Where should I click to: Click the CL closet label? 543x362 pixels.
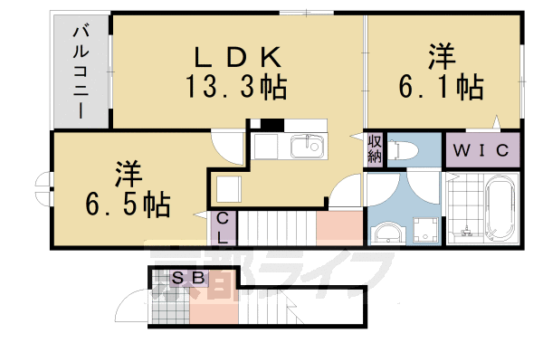[222, 227]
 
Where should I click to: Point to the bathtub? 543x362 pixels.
[499, 208]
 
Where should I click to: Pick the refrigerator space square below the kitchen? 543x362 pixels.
[228, 188]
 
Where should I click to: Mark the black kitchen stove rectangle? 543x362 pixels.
[271, 124]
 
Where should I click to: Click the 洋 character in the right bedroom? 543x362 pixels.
[441, 56]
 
